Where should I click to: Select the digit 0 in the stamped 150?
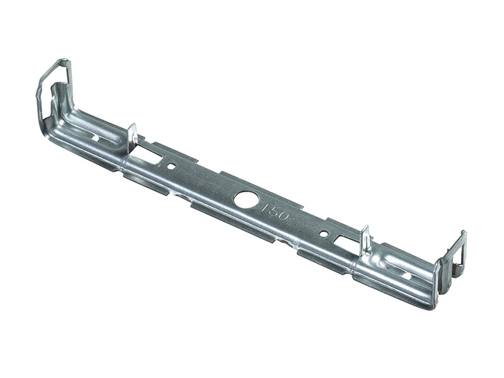click(x=283, y=216)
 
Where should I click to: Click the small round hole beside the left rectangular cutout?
click(x=171, y=166)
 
